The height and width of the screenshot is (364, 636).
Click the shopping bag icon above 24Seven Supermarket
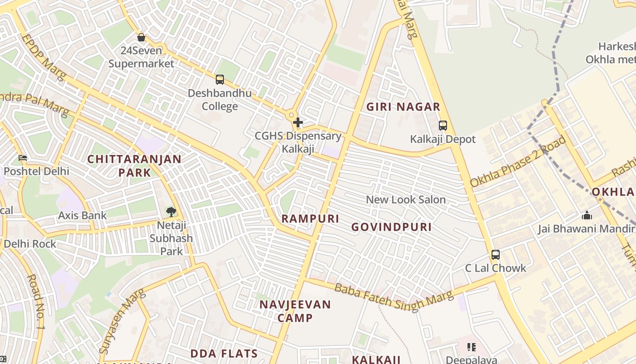point(141,37)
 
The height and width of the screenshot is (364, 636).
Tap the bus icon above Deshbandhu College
point(220,80)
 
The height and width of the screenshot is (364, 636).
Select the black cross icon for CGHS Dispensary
point(298,122)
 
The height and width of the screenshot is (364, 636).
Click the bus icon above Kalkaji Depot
point(443,126)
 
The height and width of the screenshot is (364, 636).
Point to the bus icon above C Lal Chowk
point(496,255)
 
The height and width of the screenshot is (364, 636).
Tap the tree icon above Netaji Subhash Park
point(171,212)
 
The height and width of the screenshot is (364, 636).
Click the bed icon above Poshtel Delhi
point(23,158)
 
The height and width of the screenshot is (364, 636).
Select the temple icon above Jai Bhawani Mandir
point(587,215)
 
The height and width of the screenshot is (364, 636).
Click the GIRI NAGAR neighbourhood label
point(403,107)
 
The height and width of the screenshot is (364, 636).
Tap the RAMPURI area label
point(310,219)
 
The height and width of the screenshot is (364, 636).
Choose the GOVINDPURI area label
point(392,227)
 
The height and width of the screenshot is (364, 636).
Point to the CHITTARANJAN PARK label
point(134,166)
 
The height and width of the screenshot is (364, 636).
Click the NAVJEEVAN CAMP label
point(295,311)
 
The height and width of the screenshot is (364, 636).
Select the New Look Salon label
point(406,200)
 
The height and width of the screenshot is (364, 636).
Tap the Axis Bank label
point(82,215)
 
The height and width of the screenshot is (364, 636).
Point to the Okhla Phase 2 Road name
point(518,162)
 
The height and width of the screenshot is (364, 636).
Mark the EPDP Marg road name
point(43,56)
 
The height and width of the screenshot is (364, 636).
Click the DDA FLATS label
point(224,354)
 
